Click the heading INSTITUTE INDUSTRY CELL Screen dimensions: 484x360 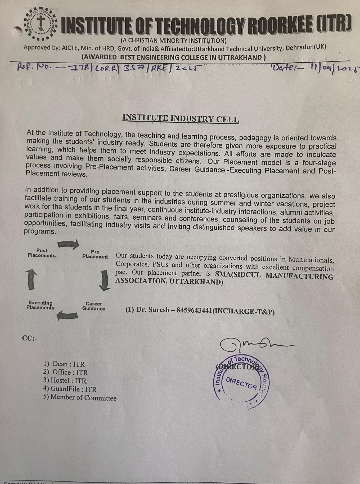181,118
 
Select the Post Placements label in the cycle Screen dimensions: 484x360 42,253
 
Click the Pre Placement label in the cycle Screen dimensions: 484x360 95,254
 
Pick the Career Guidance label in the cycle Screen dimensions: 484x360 94,306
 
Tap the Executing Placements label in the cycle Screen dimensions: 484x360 40,305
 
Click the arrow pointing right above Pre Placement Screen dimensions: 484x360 68,244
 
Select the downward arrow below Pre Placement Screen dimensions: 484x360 104,280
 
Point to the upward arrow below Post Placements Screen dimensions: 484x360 32,280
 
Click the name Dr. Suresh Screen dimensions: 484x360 153,310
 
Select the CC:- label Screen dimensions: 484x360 29,338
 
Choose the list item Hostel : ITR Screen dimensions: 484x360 65,381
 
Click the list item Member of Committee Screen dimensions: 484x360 80,397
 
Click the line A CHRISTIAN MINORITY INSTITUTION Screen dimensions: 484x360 174,40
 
